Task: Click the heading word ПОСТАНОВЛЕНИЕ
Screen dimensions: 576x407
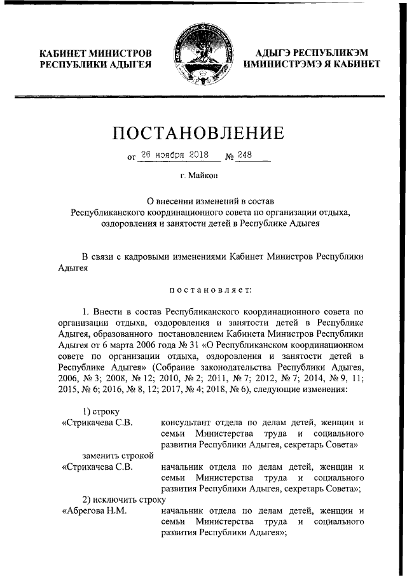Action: point(198,133)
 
